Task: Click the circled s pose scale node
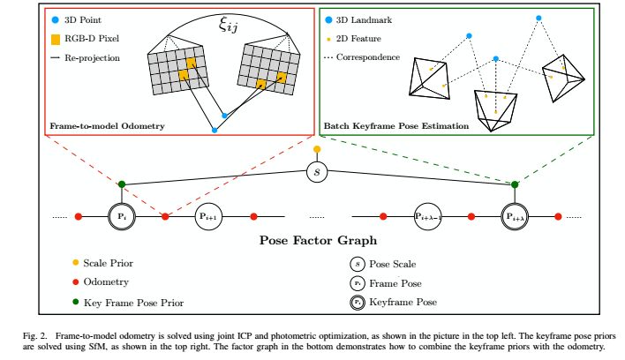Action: tap(317, 170)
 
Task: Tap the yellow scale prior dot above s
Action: tap(317, 148)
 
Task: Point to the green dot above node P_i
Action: tap(121, 184)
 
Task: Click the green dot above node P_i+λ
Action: tap(516, 184)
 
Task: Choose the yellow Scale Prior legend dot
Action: tap(77, 263)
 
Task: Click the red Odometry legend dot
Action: tap(77, 282)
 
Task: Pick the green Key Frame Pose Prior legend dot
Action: tap(77, 302)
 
